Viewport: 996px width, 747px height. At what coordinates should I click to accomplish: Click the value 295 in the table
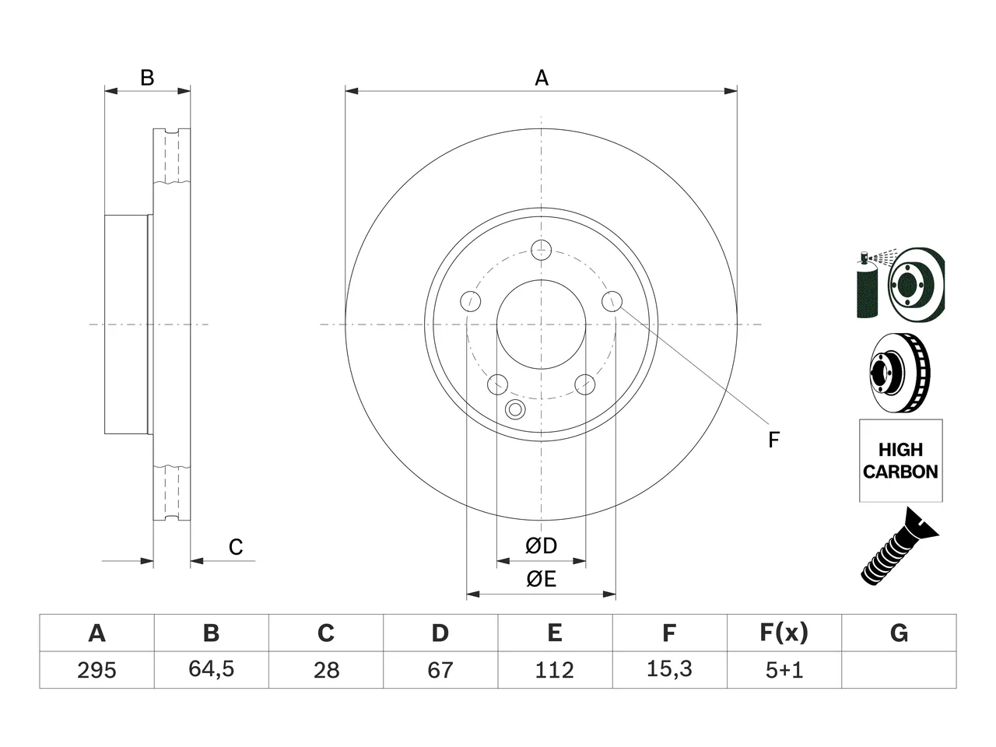pyautogui.click(x=96, y=670)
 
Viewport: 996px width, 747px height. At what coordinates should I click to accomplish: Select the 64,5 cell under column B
pyautogui.click(x=212, y=669)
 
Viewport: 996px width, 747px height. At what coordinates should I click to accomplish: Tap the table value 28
pyautogui.click(x=326, y=670)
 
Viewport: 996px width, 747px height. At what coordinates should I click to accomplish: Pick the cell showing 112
pyautogui.click(x=555, y=670)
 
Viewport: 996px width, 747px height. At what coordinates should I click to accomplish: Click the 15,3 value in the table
pyautogui.click(x=669, y=669)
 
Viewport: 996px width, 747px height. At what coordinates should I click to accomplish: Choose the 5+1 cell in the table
pyautogui.click(x=784, y=670)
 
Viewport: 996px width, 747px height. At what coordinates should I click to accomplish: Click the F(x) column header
pyautogui.click(x=784, y=633)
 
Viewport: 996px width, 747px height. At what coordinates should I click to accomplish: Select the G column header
pyautogui.click(x=899, y=633)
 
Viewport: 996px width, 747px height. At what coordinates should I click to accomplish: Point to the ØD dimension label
pyautogui.click(x=541, y=545)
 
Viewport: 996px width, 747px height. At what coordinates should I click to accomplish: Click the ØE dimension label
pyautogui.click(x=541, y=579)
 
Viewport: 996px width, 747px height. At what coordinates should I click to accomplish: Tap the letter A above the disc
pyautogui.click(x=542, y=78)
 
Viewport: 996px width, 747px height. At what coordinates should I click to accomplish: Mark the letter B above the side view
pyautogui.click(x=147, y=78)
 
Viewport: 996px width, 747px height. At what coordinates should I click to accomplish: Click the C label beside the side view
pyautogui.click(x=236, y=547)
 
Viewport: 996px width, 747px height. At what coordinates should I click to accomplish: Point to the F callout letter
pyautogui.click(x=773, y=440)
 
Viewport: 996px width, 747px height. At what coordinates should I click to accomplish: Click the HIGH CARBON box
pyautogui.click(x=901, y=461)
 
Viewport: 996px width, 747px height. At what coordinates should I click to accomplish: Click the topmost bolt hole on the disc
pyautogui.click(x=541, y=251)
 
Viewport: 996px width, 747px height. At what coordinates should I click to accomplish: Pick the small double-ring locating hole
pyautogui.click(x=515, y=409)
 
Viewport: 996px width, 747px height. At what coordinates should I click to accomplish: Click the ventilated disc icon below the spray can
pyautogui.click(x=900, y=373)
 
